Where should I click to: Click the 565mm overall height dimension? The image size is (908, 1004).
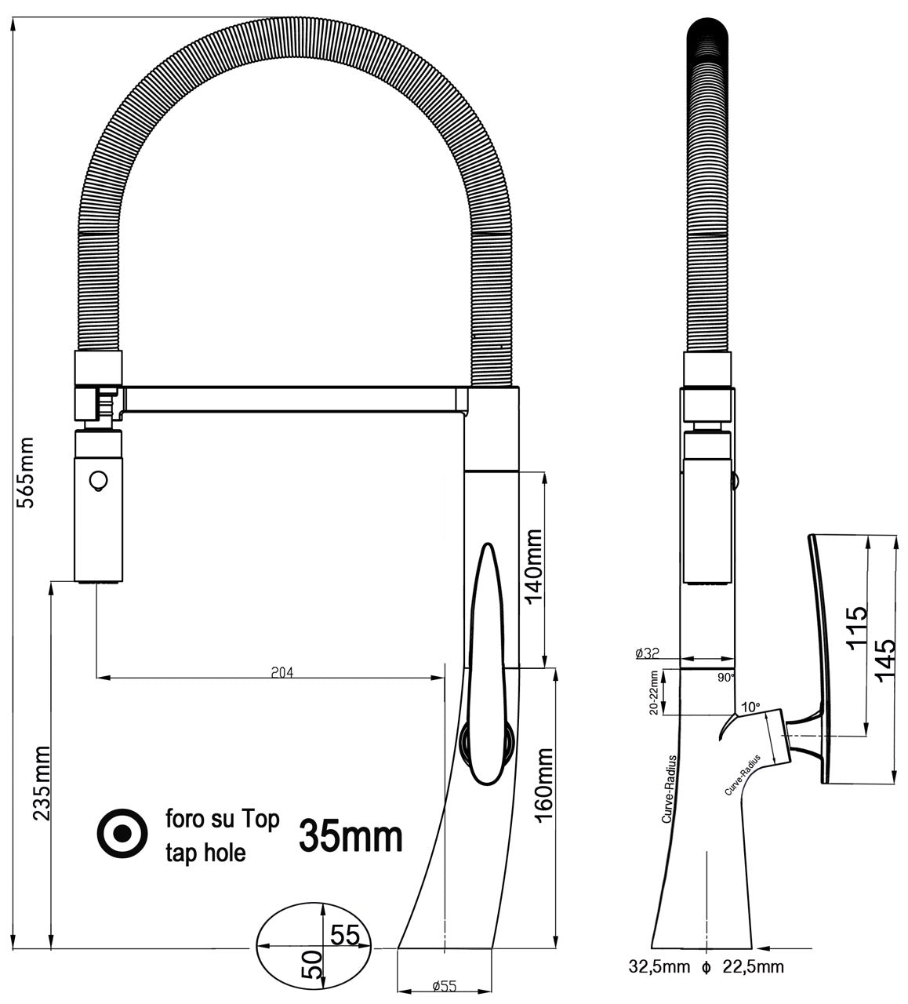click(x=26, y=473)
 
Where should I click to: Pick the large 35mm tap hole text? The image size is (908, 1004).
click(x=350, y=837)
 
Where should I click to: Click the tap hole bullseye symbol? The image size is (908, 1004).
click(x=122, y=834)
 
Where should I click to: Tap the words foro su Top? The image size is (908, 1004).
click(x=222, y=820)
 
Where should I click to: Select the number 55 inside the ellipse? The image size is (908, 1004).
click(x=344, y=935)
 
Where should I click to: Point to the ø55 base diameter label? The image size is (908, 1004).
click(x=444, y=987)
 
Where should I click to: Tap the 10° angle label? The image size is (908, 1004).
click(x=750, y=707)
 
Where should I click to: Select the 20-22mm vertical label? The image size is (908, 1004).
click(x=653, y=691)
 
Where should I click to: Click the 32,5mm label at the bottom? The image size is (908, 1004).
click(x=659, y=966)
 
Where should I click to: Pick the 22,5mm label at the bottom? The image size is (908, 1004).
click(x=753, y=966)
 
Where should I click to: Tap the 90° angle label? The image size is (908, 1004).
click(x=726, y=676)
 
